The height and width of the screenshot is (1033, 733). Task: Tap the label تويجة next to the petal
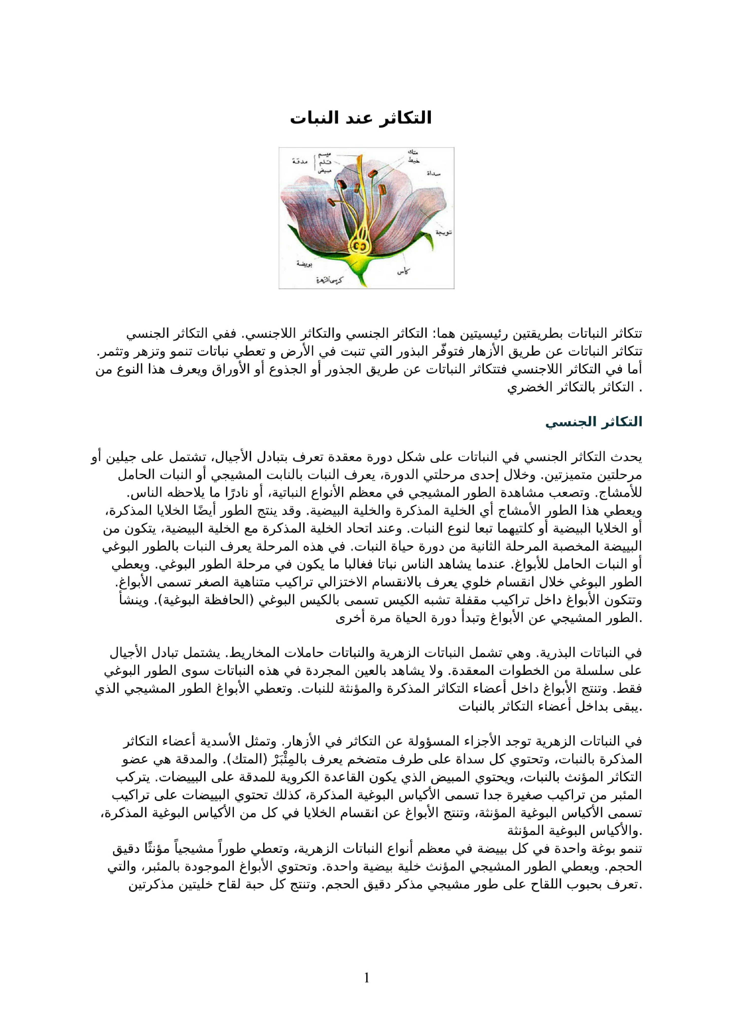[x=443, y=232]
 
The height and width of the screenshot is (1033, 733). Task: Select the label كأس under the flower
[x=403, y=271]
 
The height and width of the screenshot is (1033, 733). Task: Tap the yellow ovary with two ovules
[x=360, y=246]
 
